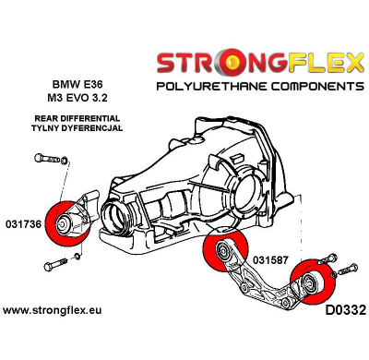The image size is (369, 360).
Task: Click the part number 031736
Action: [x=25, y=222]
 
